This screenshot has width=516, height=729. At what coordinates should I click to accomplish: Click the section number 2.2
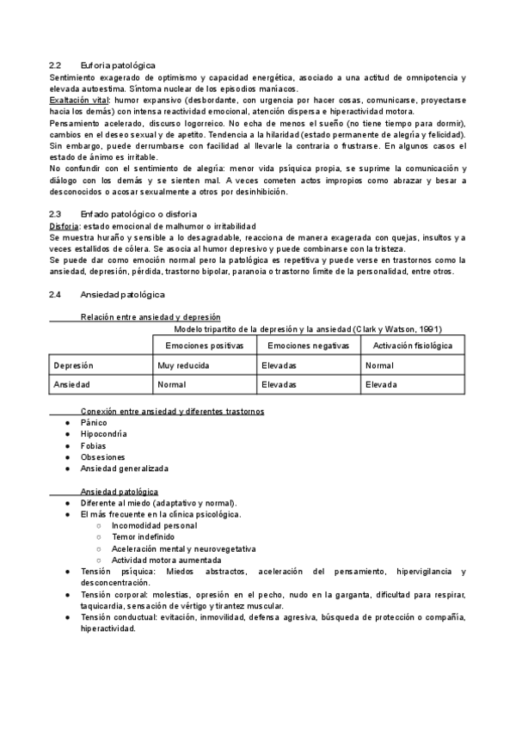[x=55, y=65]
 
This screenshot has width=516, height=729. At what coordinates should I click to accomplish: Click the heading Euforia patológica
[x=118, y=65]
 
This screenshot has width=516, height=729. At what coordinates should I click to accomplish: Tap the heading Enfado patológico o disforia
[x=139, y=214]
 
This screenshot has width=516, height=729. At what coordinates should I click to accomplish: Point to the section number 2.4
[x=55, y=294]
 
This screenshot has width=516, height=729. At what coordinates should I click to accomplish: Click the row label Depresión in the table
[x=73, y=365]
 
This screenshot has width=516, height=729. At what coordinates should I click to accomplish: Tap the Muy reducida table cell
[x=184, y=365]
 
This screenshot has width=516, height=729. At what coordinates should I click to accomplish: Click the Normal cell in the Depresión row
[x=379, y=365]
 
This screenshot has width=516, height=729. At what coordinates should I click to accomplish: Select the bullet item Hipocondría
[x=103, y=435]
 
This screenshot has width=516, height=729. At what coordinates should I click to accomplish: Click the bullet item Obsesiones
[x=102, y=457]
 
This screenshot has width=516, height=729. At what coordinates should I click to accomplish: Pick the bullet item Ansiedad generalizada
[x=124, y=469]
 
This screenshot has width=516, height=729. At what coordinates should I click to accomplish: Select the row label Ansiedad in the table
[x=71, y=385]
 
